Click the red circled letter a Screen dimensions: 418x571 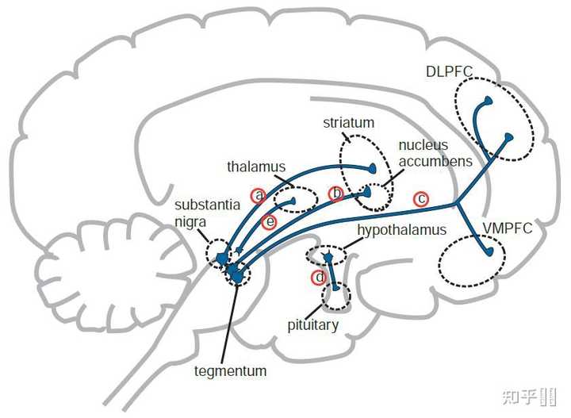coord(258,194)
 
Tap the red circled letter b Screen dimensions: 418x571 coord(336,194)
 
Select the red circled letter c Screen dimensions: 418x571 coord(422,198)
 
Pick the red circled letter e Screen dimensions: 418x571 coord(270,222)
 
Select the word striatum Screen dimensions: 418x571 coord(348,124)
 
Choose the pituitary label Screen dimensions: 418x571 coord(313,325)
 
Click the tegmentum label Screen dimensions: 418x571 coord(230,370)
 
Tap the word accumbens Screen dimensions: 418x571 coord(435,161)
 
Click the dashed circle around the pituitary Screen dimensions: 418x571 coord(337,296)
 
